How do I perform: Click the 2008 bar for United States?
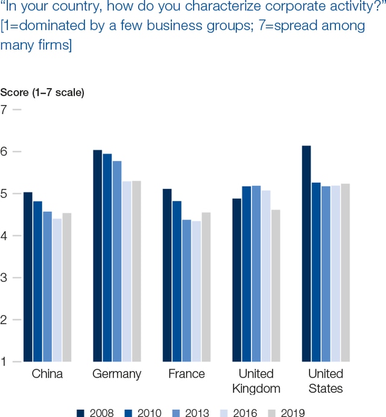click(x=306, y=253)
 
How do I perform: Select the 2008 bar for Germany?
click(x=97, y=256)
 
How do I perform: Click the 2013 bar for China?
click(x=47, y=287)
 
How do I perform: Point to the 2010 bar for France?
click(x=177, y=281)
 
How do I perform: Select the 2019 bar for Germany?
click(x=136, y=271)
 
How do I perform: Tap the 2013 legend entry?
click(x=192, y=412)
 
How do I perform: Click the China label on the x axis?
click(x=47, y=374)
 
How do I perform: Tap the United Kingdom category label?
click(x=256, y=381)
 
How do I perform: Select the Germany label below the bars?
click(x=116, y=374)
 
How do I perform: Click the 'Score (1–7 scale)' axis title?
click(x=42, y=92)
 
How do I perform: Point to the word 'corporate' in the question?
click(x=256, y=8)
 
